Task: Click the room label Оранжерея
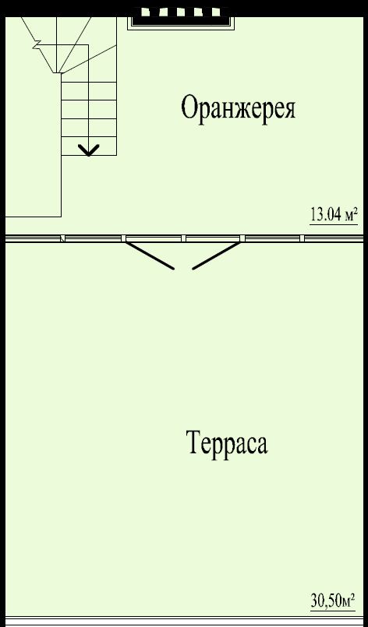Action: [239, 109]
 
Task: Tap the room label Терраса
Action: [228, 442]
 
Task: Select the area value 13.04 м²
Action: [333, 215]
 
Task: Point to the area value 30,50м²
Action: [332, 601]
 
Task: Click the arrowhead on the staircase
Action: [89, 150]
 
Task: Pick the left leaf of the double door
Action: [150, 255]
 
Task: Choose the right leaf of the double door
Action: [216, 255]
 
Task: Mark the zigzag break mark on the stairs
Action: [37, 44]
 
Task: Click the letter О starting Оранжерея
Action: [190, 109]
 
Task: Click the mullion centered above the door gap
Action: [183, 238]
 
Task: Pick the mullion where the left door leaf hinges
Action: [123, 238]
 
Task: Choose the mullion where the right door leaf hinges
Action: [242, 238]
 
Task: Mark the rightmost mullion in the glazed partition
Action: [302, 238]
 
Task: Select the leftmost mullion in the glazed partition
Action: [63, 238]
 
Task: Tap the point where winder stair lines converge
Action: [58, 72]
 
